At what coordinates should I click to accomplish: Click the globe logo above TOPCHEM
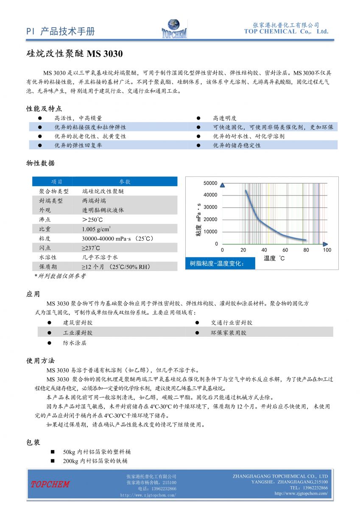[174, 24]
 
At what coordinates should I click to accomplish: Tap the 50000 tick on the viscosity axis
[211, 183]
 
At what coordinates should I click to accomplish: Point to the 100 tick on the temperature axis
[327, 250]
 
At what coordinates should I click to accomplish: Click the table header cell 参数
[125, 182]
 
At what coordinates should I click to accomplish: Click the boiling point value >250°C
[92, 219]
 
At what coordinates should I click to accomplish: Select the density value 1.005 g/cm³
[97, 229]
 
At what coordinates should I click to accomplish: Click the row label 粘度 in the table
[45, 238]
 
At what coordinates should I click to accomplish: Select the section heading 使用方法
[41, 361]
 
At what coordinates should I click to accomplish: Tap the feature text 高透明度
[225, 118]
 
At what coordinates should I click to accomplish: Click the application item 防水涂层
[75, 343]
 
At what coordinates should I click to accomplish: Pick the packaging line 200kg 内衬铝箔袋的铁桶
[95, 461]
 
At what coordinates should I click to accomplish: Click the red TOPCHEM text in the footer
[50, 484]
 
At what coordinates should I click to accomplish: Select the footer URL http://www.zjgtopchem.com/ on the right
[301, 493]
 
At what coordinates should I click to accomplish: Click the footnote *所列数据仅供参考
[60, 276]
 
